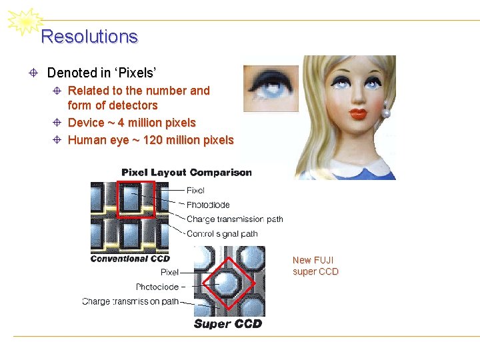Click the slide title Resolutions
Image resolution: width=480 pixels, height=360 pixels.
coord(89,37)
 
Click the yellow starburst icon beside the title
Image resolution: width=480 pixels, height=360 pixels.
coord(24,23)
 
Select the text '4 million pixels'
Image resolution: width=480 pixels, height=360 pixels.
coord(157,123)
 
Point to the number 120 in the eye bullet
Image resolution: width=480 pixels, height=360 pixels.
coord(154,140)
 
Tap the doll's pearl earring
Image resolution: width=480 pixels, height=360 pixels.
coord(386,114)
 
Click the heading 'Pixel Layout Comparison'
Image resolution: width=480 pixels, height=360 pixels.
coord(187,173)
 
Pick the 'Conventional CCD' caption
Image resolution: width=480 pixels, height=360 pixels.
coord(130,259)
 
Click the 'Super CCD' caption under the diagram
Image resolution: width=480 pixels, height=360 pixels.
coord(227,324)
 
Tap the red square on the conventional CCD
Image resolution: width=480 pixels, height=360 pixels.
coord(136,199)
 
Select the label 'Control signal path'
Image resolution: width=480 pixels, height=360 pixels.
coord(222,234)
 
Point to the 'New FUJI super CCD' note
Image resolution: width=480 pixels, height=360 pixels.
coord(315,266)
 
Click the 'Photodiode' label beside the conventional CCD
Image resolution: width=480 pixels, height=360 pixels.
coord(208,205)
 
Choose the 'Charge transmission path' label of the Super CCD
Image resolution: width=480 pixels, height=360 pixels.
coord(130,301)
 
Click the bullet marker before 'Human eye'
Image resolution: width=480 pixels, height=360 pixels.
coord(58,140)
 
